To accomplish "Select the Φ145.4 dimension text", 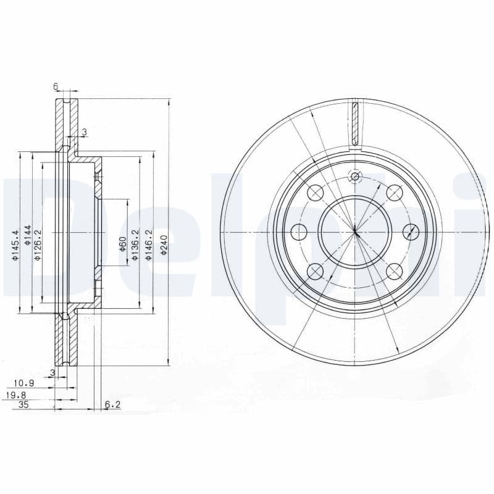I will (x=15, y=245).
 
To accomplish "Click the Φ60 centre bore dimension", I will (x=123, y=242).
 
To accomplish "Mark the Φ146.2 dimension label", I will (x=148, y=245).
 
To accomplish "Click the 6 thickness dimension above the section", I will (x=56, y=87).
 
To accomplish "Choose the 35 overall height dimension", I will (x=24, y=405).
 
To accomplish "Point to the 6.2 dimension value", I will (x=112, y=405).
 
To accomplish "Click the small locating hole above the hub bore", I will (x=354, y=178).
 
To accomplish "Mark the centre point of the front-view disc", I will (x=355, y=232).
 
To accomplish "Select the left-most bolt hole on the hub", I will (x=299, y=232).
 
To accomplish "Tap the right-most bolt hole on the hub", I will (x=411, y=232).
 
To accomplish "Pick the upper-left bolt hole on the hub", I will (x=316, y=193).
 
